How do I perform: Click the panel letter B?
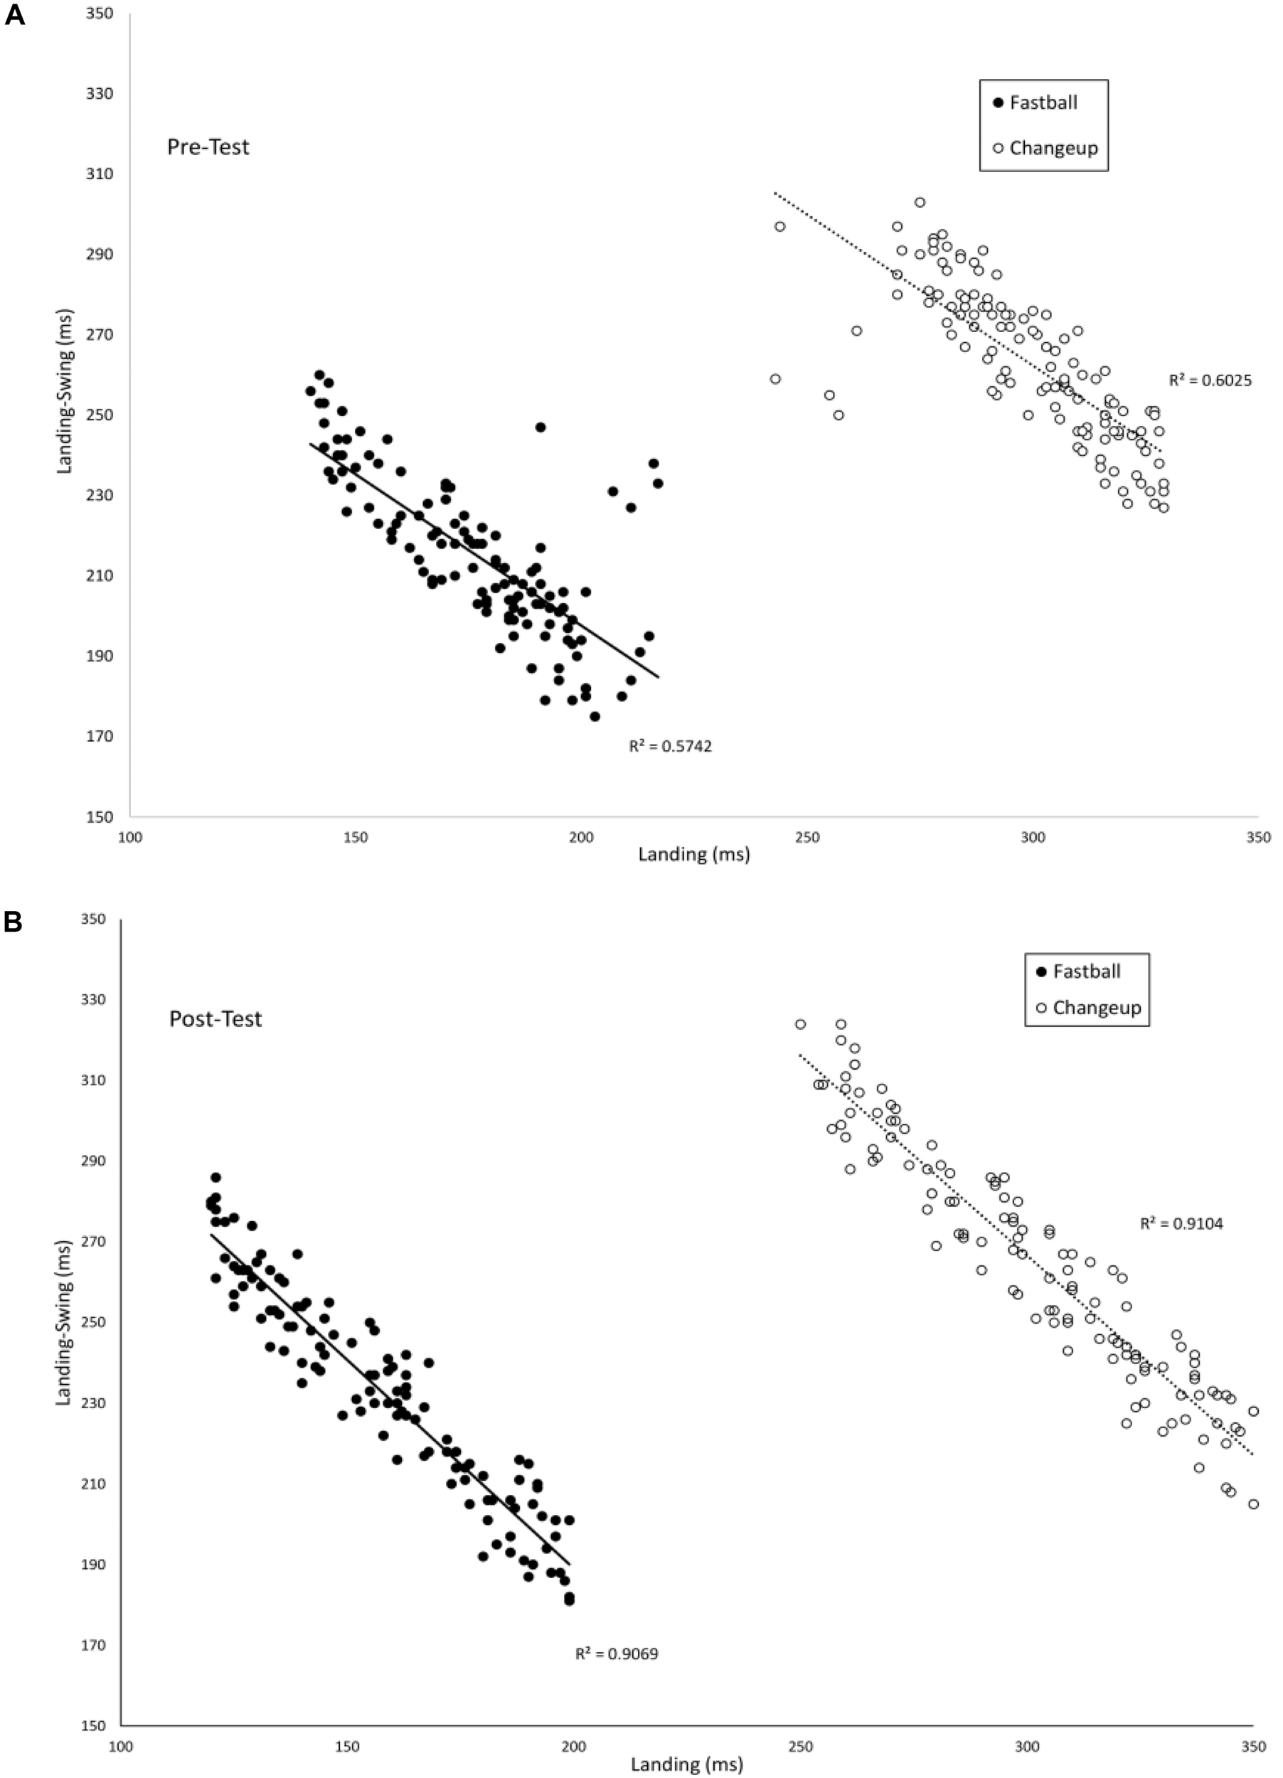[14, 922]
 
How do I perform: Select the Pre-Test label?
[208, 147]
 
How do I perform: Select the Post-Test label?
[215, 1019]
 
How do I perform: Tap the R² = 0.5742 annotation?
[670, 747]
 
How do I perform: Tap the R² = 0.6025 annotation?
[1210, 382]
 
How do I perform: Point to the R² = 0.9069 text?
[617, 1654]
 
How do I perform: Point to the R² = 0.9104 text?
[1181, 1224]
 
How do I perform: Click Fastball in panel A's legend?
[1043, 102]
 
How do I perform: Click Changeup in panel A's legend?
[1053, 148]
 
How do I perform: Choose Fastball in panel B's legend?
[1086, 971]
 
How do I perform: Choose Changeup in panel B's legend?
[1096, 1008]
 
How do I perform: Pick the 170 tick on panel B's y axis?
[92, 1646]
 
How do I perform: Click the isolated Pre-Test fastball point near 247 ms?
[540, 427]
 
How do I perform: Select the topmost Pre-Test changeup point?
[920, 202]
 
